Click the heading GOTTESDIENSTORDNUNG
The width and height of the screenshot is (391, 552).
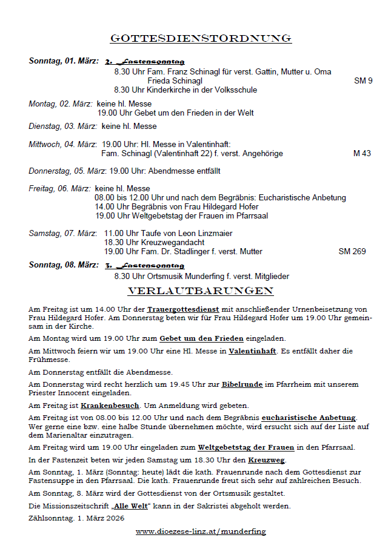[x=201, y=39]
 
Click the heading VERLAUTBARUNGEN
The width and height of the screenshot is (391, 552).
[x=201, y=291]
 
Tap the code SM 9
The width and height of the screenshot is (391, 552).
[x=363, y=80]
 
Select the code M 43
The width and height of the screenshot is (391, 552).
[x=362, y=154]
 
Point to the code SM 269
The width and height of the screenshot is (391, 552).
[x=352, y=251]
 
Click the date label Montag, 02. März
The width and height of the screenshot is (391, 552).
[x=61, y=103]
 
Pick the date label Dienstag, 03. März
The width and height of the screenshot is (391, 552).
[x=62, y=126]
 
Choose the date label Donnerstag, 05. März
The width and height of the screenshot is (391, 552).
[x=67, y=171]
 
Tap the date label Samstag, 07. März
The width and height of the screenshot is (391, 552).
[x=62, y=233]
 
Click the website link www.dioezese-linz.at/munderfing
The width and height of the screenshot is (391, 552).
[x=201, y=531]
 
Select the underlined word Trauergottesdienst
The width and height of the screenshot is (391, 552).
[x=184, y=309]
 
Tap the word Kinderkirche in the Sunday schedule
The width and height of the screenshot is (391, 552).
[x=163, y=90]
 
